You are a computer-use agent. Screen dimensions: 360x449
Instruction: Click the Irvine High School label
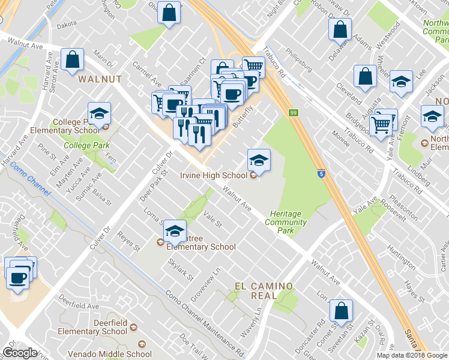click(214, 175)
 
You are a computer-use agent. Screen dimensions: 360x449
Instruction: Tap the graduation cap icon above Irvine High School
click(259, 160)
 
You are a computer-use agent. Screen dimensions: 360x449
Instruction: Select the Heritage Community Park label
click(288, 218)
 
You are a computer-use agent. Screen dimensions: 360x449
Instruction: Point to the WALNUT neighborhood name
click(100, 79)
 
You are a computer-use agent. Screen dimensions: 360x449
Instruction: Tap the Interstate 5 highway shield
click(322, 172)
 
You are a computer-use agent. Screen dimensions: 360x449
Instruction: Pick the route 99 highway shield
click(294, 112)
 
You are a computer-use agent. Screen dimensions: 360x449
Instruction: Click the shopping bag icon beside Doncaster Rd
click(340, 311)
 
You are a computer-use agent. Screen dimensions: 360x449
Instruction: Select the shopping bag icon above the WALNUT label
click(72, 59)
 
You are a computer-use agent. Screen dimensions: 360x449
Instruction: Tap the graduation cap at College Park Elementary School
click(100, 113)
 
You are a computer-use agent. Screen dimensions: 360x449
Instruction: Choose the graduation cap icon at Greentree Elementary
click(175, 230)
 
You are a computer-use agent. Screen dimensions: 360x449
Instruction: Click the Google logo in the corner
click(20, 353)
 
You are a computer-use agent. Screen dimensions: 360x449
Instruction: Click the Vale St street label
click(213, 224)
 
